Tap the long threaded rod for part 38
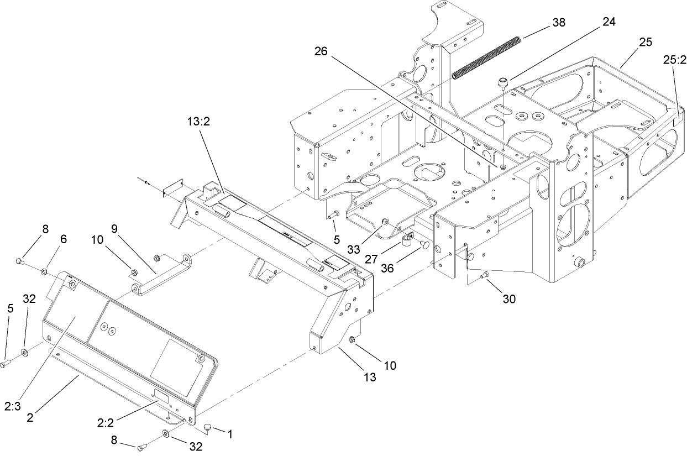pyautogui.click(x=487, y=56)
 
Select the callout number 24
pyautogui.click(x=609, y=22)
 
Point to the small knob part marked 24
pyautogui.click(x=502, y=83)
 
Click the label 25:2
pyautogui.click(x=674, y=58)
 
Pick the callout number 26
pyautogui.click(x=321, y=51)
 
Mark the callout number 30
pyautogui.click(x=508, y=299)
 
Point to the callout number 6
pyautogui.click(x=64, y=239)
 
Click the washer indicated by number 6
pyautogui.click(x=43, y=271)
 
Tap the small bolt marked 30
pyautogui.click(x=485, y=275)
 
